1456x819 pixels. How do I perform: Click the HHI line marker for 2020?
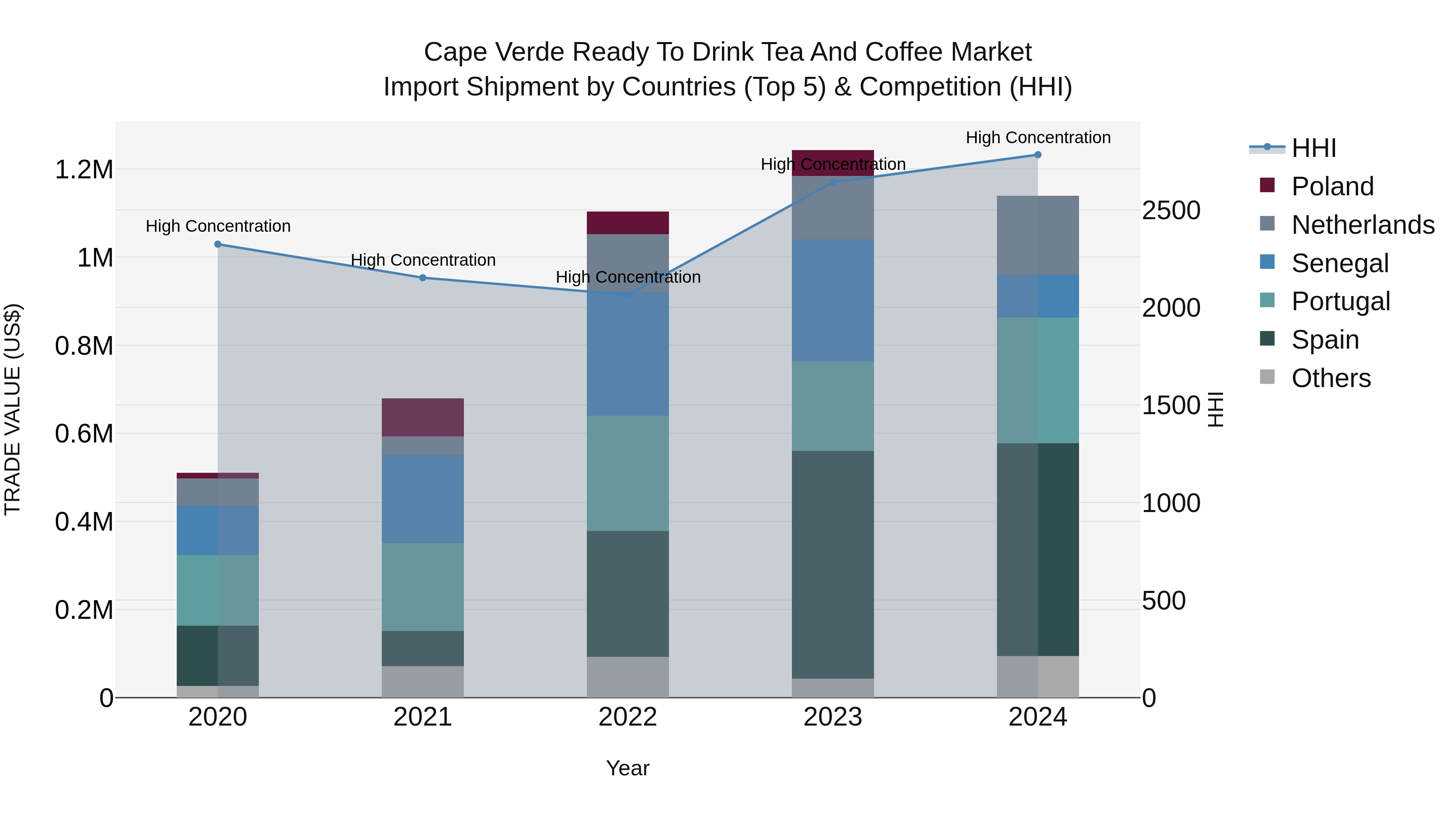pyautogui.click(x=218, y=244)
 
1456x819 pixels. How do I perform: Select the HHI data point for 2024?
pyautogui.click(x=1038, y=155)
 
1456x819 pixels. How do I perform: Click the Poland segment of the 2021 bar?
pyautogui.click(x=423, y=417)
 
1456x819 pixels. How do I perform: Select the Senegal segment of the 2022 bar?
pyautogui.click(x=627, y=354)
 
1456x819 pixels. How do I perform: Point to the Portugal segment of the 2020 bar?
pyautogui.click(x=218, y=590)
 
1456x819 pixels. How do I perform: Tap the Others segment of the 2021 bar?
pyautogui.click(x=423, y=681)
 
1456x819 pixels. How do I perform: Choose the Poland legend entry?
pyautogui.click(x=1332, y=186)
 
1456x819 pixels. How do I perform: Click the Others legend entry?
pyautogui.click(x=1331, y=378)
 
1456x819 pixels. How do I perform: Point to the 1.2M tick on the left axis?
pyautogui.click(x=84, y=169)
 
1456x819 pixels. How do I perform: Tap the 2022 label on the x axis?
pyautogui.click(x=627, y=717)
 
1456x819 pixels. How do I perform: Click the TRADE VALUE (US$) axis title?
pyautogui.click(x=13, y=409)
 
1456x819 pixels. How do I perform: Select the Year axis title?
pyautogui.click(x=627, y=768)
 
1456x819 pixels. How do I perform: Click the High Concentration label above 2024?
pyautogui.click(x=1038, y=138)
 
